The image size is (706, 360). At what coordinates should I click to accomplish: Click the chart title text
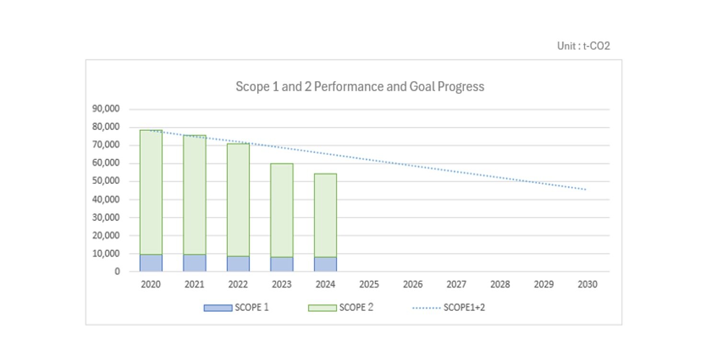click(x=359, y=87)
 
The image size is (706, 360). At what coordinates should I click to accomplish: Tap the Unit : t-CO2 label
click(x=583, y=46)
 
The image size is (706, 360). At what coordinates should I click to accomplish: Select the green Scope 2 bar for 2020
click(x=151, y=192)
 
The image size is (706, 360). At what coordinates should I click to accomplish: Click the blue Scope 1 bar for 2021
click(x=195, y=263)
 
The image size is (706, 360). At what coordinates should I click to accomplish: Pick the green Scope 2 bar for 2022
click(x=238, y=199)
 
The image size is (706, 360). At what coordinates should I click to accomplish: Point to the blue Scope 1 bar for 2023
click(x=282, y=264)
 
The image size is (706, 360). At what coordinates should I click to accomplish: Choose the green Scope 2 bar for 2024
click(x=325, y=215)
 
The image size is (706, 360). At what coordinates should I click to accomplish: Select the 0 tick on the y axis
click(x=117, y=272)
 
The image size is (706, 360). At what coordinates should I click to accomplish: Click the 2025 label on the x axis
click(x=369, y=285)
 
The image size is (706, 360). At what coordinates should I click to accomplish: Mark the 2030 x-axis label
click(x=588, y=285)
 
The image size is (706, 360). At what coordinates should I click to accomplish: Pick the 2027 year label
click(x=456, y=285)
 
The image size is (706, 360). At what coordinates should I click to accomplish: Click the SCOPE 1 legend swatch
click(x=218, y=308)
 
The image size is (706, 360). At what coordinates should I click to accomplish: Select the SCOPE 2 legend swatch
click(x=322, y=308)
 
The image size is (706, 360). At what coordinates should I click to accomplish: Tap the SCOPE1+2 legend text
click(x=464, y=308)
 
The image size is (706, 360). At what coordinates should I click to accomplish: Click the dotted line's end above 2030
click(x=586, y=190)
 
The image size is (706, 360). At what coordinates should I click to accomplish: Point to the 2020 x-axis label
click(x=151, y=285)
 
